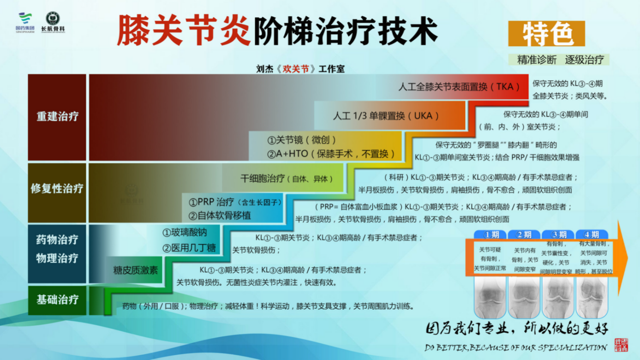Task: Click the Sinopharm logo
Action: (x=25, y=22)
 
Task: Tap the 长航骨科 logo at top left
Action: (x=53, y=22)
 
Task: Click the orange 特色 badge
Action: (x=547, y=34)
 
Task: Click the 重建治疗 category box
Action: (x=57, y=117)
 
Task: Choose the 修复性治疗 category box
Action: (x=57, y=188)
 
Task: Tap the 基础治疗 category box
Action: (x=57, y=300)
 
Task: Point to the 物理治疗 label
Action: (x=57, y=258)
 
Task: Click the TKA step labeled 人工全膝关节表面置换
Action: (x=460, y=86)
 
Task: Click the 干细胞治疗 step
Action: (x=286, y=179)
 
